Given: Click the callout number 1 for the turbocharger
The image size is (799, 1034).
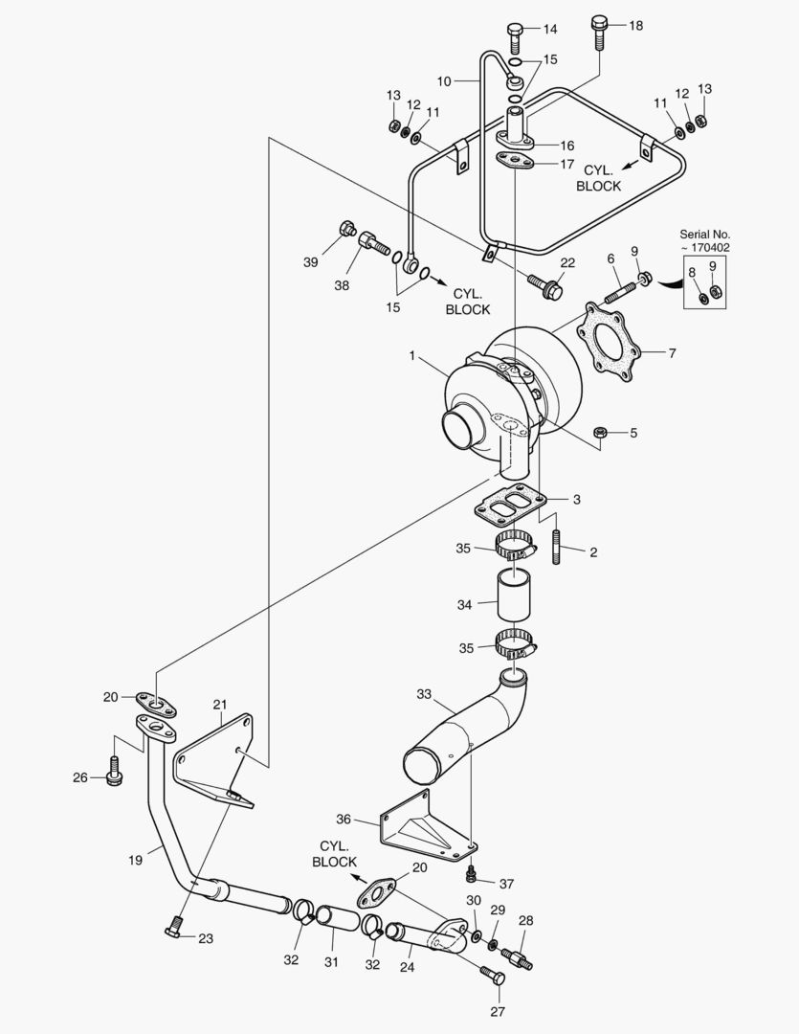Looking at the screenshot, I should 412,356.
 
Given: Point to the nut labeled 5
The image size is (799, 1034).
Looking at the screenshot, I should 600,433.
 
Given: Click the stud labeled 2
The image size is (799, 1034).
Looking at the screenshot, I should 558,551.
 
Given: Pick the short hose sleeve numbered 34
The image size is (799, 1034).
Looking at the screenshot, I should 512,597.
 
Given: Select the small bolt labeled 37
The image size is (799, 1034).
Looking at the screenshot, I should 470,875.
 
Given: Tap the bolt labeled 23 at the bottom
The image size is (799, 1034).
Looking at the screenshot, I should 173,928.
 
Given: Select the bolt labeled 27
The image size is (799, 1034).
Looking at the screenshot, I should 493,978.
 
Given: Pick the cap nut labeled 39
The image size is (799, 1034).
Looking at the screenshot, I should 347,229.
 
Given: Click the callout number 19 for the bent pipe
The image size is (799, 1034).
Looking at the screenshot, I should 135,860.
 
